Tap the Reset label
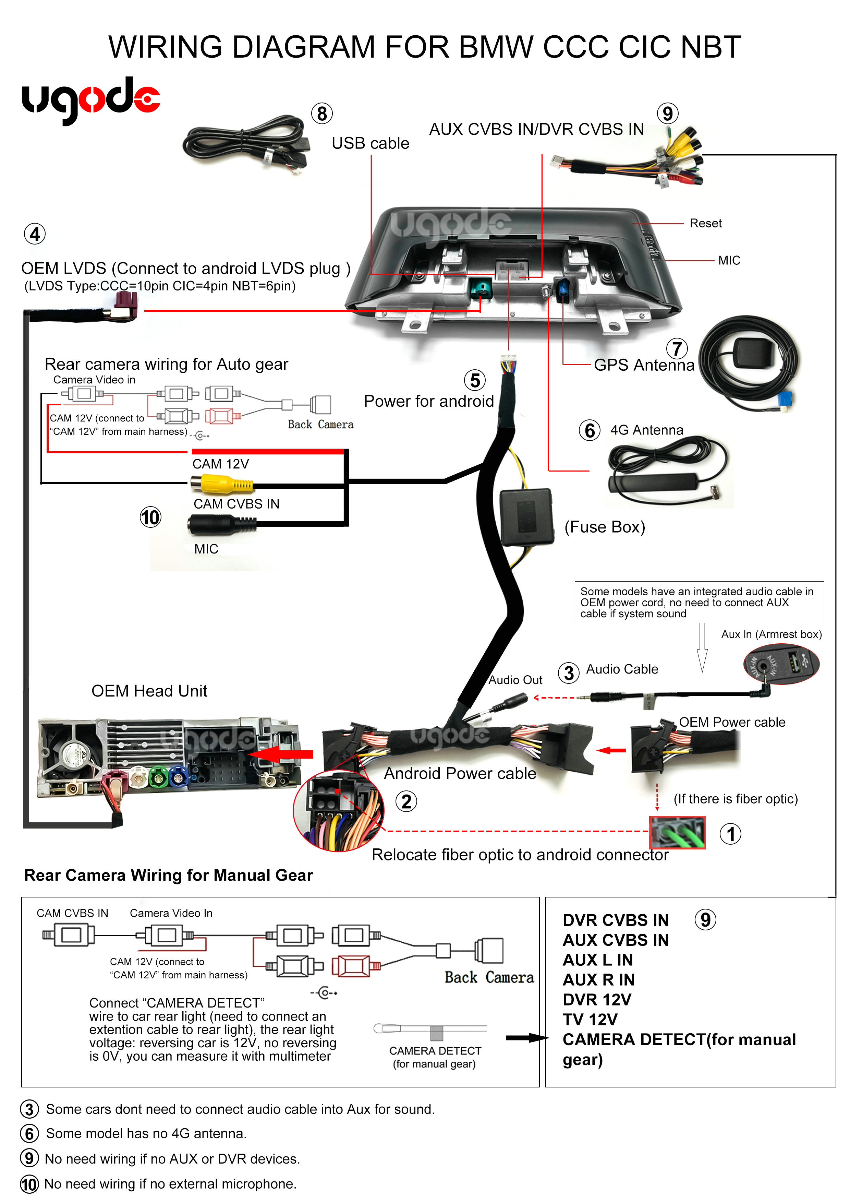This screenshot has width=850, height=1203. pyautogui.click(x=705, y=223)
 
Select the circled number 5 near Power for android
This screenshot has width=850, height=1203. pyautogui.click(x=474, y=380)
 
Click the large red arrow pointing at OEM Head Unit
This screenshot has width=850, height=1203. pyautogui.click(x=283, y=754)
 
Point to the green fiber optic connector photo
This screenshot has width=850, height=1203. pyautogui.click(x=677, y=832)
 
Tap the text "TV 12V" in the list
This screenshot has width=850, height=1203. pyautogui.click(x=590, y=1020)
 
